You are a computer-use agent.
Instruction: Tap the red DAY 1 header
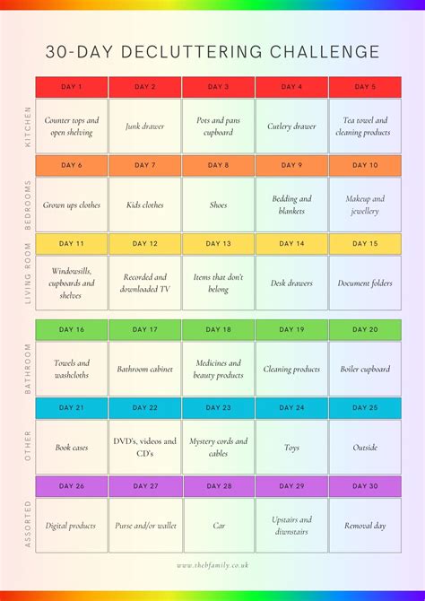point(72,87)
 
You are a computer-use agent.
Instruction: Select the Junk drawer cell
point(145,126)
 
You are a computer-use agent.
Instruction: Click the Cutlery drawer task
point(291,126)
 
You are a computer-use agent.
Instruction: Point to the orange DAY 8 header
point(219,166)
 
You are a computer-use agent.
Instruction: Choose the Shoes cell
point(219,205)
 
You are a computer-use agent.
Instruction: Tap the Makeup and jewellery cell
point(365,205)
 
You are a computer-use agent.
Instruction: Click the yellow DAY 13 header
point(219,244)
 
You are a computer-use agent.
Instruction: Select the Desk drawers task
point(291,283)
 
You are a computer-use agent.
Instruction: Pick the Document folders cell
point(365,283)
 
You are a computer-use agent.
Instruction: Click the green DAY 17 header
point(145,330)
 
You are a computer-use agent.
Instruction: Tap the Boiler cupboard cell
point(365,369)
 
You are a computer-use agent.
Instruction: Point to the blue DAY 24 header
point(291,408)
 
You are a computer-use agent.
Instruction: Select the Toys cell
point(291,447)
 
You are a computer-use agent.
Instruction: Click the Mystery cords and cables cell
point(219,447)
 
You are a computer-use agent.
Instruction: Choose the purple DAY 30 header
point(365,486)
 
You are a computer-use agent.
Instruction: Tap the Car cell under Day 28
point(219,526)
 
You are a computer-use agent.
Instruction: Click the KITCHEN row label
point(28,126)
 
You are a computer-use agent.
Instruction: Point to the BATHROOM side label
point(28,368)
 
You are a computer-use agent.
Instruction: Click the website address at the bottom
point(212,565)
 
